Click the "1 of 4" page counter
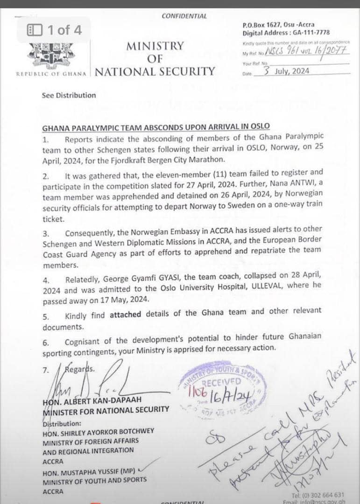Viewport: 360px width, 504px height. point(55,30)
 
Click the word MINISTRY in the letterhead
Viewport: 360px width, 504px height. point(155,46)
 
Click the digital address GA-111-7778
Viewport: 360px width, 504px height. point(311,33)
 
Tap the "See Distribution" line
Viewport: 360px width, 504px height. point(69,95)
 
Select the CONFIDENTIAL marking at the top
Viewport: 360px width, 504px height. point(184,16)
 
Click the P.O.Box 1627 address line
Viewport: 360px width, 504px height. point(278,25)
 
